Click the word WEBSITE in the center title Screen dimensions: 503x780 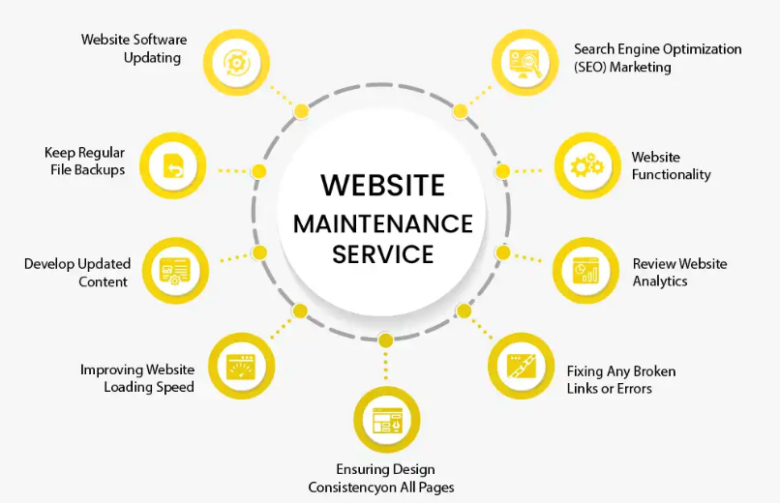[382, 185]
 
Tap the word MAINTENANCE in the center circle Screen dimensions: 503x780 [382, 224]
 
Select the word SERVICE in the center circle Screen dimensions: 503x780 [382, 255]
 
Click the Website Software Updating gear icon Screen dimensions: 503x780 [237, 61]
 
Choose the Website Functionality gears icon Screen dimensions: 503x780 [586, 166]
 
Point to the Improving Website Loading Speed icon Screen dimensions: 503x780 [239, 367]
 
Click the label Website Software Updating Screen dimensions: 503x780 [134, 48]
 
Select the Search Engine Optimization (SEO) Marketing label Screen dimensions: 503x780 [657, 58]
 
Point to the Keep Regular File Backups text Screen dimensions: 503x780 [84, 162]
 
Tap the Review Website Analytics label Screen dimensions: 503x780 [679, 272]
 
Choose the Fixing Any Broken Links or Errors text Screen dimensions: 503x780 [620, 379]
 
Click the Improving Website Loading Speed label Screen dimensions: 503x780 [137, 378]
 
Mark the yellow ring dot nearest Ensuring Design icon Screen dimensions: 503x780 [385, 340]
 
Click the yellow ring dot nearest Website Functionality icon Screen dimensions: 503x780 [502, 171]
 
